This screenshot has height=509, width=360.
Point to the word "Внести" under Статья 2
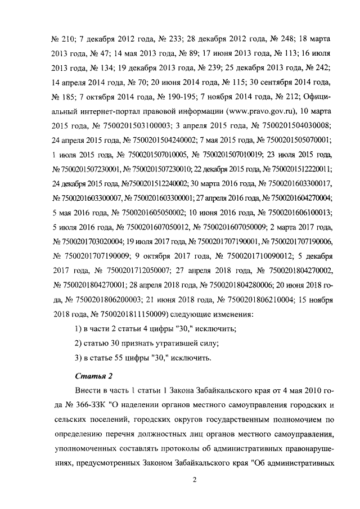87,390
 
